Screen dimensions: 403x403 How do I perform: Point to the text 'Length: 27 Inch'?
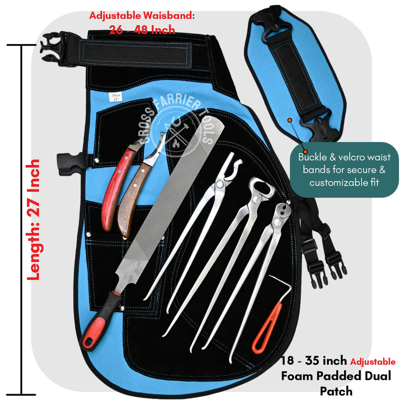click(x=34, y=219)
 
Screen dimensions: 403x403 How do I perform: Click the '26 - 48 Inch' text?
click(x=142, y=30)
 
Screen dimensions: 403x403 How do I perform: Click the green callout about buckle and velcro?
click(x=344, y=170)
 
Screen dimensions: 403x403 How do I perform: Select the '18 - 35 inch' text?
click(x=314, y=360)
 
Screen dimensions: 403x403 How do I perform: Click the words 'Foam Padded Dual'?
click(x=336, y=376)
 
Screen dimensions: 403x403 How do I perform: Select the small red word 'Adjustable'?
click(x=373, y=361)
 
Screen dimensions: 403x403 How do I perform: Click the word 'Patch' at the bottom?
click(x=336, y=391)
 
